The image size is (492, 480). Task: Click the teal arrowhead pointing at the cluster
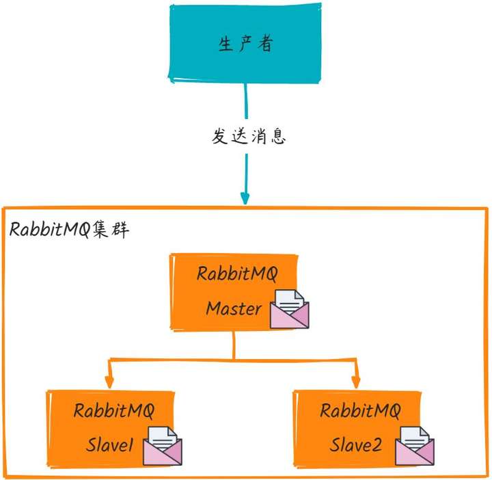[x=245, y=198]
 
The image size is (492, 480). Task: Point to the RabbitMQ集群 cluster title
[x=69, y=230]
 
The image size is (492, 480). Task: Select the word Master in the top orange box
[x=234, y=308]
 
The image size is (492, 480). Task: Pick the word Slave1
[x=111, y=446]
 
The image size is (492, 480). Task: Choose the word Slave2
[x=356, y=446]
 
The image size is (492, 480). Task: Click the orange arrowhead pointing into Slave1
[x=108, y=384]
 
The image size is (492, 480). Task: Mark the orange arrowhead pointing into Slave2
[x=355, y=384]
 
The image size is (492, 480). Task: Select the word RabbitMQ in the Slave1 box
[x=114, y=411]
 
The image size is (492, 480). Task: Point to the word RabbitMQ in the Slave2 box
[x=360, y=411]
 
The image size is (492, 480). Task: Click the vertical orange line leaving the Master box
[x=234, y=345]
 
